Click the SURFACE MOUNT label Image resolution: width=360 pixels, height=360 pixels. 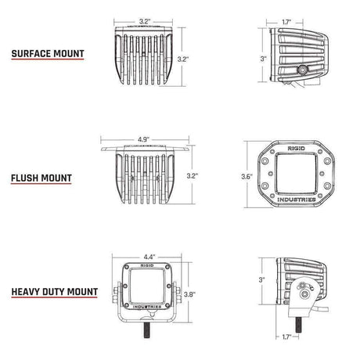coord(49,56)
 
